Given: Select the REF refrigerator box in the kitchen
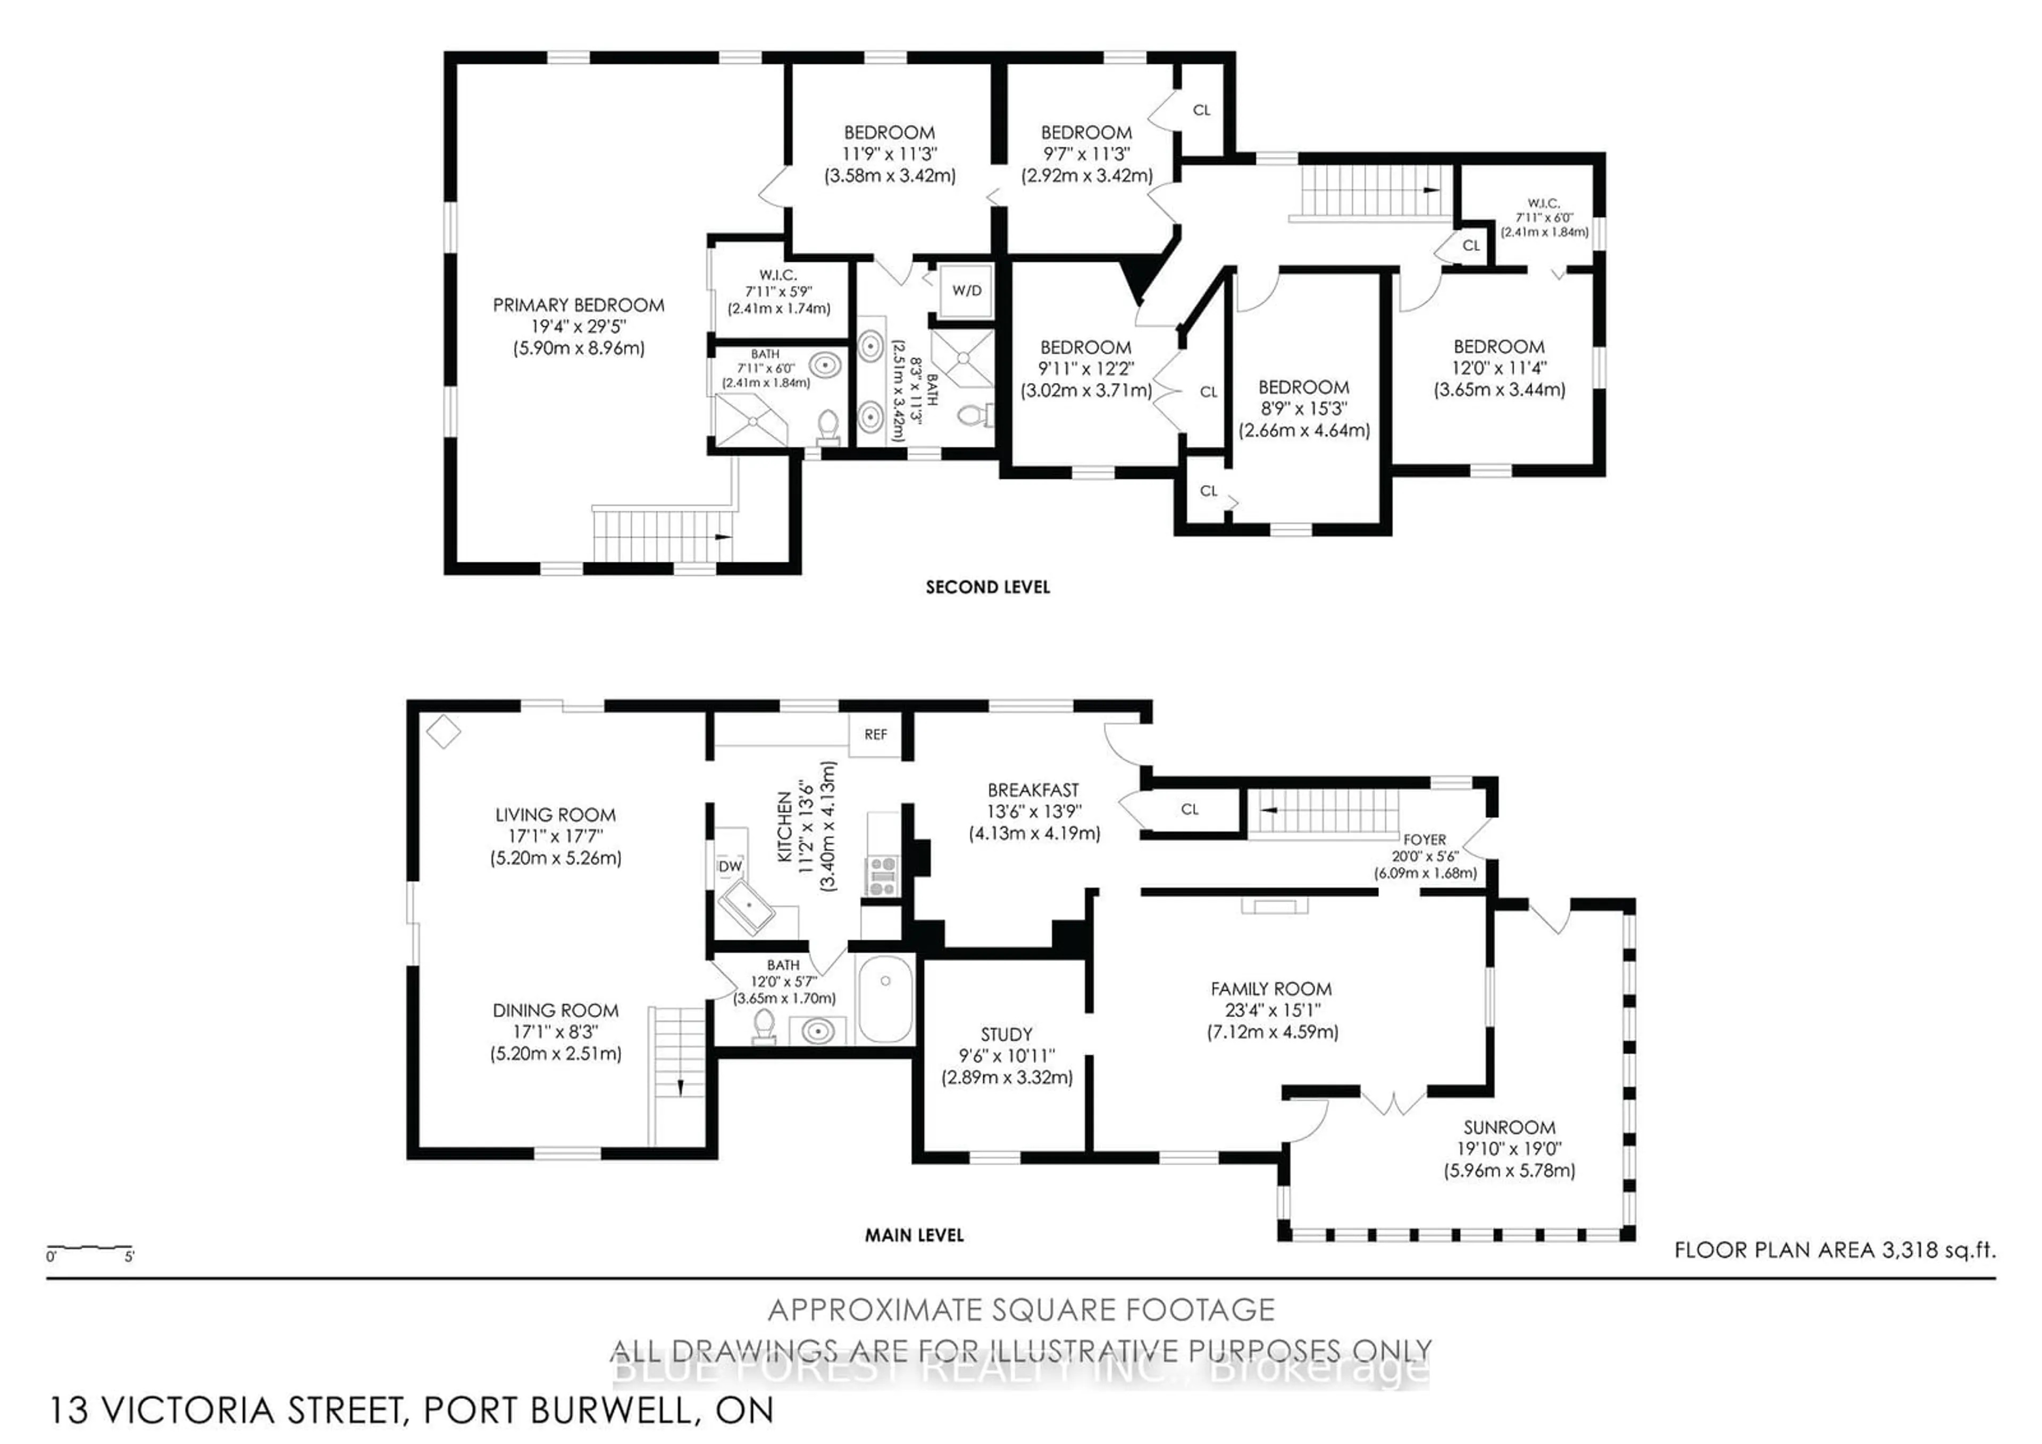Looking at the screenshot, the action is [x=875, y=734].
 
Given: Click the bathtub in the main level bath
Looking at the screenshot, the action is [x=885, y=999].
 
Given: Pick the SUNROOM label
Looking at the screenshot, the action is [x=1509, y=1127].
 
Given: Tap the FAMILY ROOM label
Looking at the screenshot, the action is [x=1271, y=989].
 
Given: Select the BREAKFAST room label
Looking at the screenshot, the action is [x=1033, y=790].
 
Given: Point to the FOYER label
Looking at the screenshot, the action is [x=1424, y=839].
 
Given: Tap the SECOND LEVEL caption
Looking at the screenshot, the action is [x=987, y=587].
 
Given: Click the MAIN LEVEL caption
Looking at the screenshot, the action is [x=914, y=1235].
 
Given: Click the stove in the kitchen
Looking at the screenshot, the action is [x=882, y=875].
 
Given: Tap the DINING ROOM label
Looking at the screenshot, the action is [x=555, y=1011].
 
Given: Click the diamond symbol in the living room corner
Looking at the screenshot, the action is [x=443, y=732].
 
